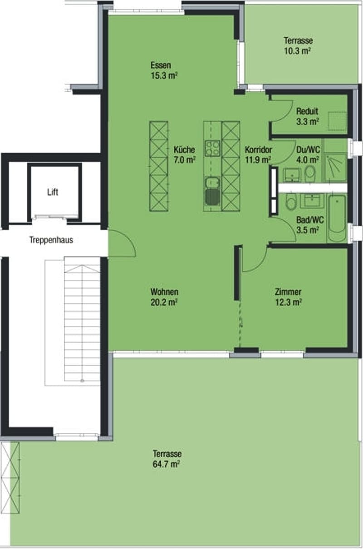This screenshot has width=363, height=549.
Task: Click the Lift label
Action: [53, 192]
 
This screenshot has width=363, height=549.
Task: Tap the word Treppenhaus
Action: [51, 240]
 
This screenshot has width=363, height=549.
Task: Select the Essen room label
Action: [161, 65]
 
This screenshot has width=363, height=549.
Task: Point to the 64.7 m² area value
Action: [167, 464]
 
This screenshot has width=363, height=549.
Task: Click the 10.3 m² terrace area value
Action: [297, 51]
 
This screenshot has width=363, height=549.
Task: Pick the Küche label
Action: [184, 149]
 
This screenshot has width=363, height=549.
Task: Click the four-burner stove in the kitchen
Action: [212, 148]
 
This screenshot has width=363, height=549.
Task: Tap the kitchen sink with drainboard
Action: [212, 191]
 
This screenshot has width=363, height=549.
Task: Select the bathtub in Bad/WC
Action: [337, 218]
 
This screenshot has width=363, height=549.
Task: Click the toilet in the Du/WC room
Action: [310, 173]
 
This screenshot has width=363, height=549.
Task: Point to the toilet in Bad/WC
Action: [291, 202]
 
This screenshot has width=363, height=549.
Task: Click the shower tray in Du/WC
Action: [335, 168]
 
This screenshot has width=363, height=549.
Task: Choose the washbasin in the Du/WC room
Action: [292, 175]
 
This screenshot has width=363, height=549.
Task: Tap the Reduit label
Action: [307, 111]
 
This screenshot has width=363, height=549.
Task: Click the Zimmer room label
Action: [288, 292]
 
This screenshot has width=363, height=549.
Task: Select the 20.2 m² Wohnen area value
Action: [164, 302]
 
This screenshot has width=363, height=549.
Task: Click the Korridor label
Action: [259, 149]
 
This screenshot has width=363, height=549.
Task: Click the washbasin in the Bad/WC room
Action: [312, 201]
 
